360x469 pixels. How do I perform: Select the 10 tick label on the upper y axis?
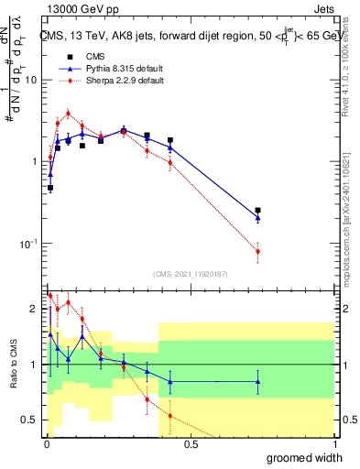coord(30,80)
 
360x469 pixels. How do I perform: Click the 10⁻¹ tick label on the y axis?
coord(27,244)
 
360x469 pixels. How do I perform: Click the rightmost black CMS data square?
coord(257,210)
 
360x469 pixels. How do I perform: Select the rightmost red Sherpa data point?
coord(257,251)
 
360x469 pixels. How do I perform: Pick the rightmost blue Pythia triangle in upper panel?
coord(257,218)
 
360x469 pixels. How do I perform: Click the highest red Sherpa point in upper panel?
coord(68,114)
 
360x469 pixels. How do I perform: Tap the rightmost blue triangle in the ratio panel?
coord(257,381)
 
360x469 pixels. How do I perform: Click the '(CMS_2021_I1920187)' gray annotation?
coord(190,273)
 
